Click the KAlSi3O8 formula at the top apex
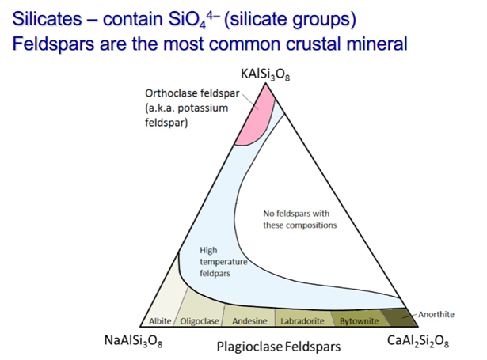[x=265, y=74]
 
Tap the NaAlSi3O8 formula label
[x=133, y=341]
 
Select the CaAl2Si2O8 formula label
[x=418, y=341]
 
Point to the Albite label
[x=160, y=321]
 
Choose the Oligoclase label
[x=200, y=321]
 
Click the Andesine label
[x=249, y=321]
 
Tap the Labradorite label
[x=302, y=321]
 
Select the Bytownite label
[x=359, y=321]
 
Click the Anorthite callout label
[x=436, y=314]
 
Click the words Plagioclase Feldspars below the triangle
[x=279, y=347]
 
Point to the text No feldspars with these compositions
[x=299, y=219]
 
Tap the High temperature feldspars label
[x=223, y=262]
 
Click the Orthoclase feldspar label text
[x=192, y=93]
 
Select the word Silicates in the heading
[x=47, y=19]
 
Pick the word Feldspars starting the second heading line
[x=53, y=44]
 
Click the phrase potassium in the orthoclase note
[x=203, y=108]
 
